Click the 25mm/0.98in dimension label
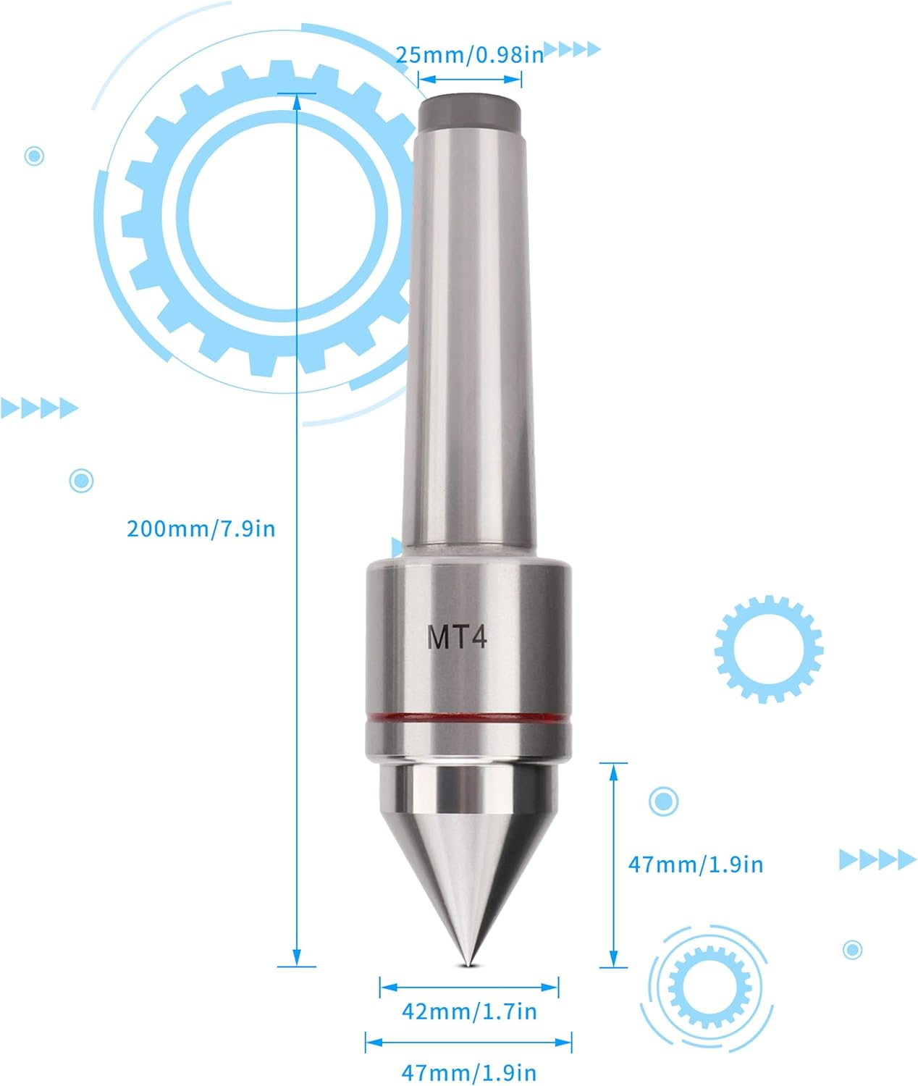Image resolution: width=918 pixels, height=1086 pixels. coord(469,55)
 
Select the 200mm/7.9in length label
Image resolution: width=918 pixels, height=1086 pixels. coord(201,529)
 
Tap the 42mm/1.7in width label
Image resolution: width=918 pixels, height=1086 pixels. coord(469,1011)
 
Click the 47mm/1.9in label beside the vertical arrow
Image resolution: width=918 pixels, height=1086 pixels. coord(695,864)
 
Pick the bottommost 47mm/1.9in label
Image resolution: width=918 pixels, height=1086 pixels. coord(469,1072)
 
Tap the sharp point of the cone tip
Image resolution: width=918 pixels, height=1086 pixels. coord(469,963)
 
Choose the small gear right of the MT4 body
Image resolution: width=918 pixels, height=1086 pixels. coord(768,649)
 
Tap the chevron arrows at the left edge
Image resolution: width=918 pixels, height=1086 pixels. coord(38,408)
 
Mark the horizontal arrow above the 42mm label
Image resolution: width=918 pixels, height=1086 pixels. coord(469,987)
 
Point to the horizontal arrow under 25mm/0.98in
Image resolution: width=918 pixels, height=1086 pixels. coord(470,78)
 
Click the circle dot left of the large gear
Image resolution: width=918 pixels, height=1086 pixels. coord(34,156)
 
